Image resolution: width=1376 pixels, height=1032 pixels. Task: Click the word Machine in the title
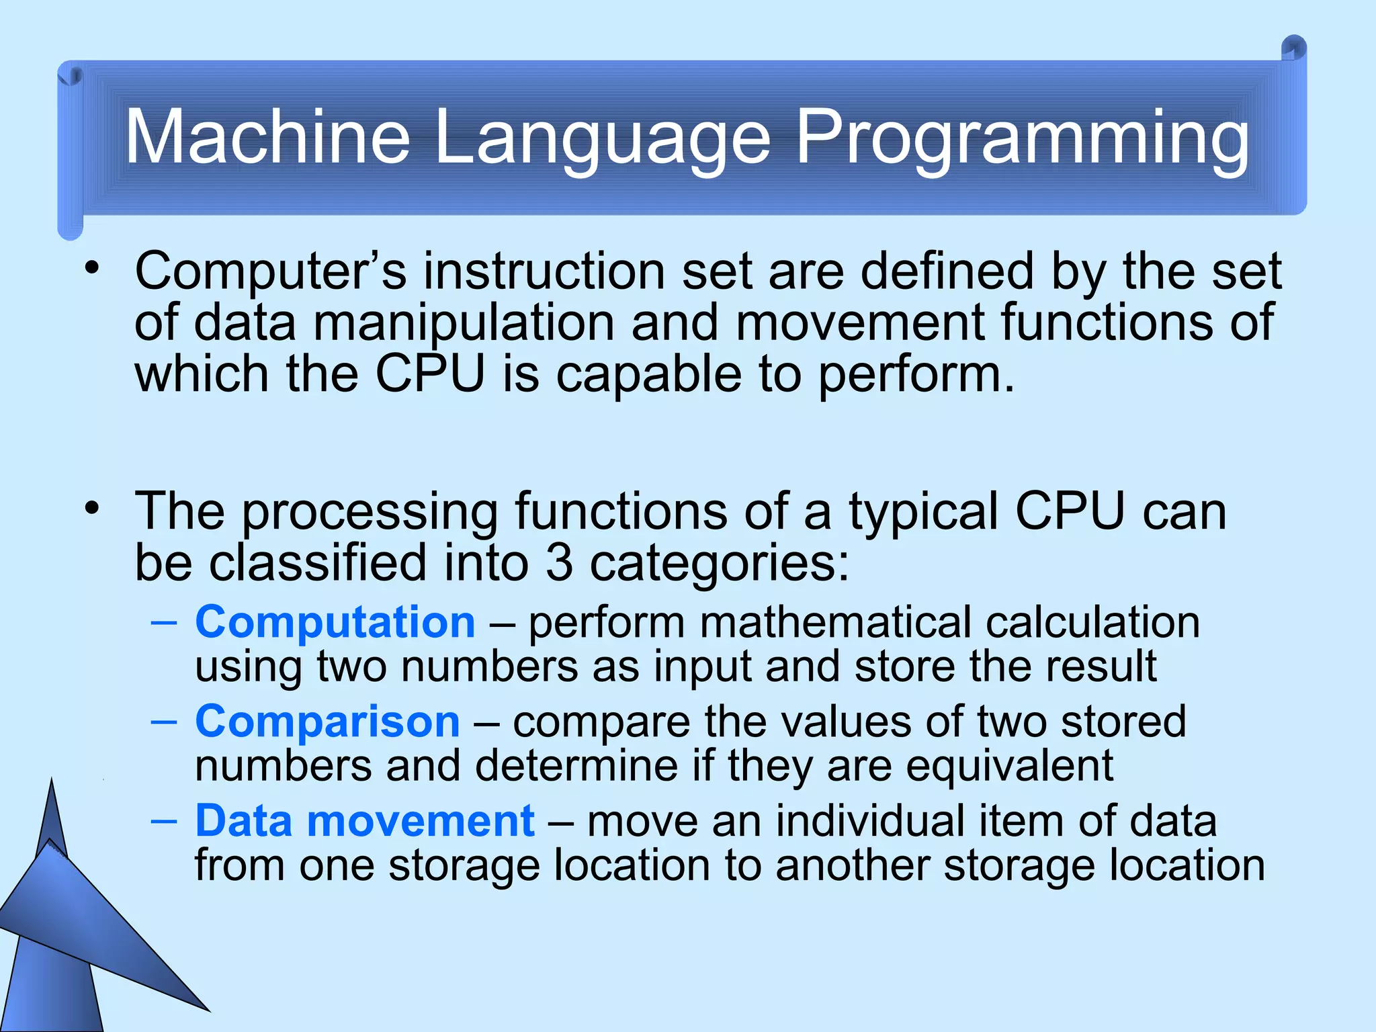(x=267, y=137)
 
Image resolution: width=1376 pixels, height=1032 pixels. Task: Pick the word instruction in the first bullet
(x=544, y=271)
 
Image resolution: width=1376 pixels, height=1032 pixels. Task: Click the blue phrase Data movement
(x=365, y=821)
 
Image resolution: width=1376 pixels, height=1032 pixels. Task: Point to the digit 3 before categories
(x=559, y=563)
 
